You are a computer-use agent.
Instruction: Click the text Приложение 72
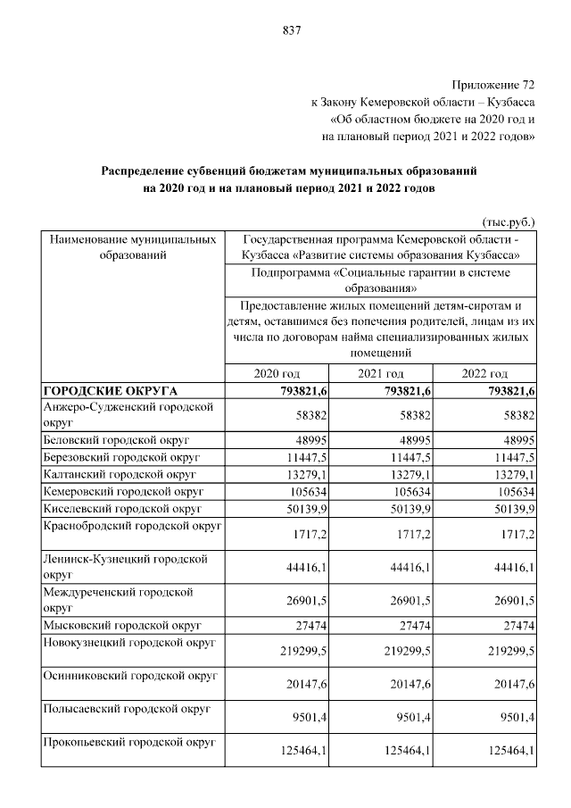(x=493, y=85)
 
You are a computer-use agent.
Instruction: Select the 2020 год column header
(x=277, y=373)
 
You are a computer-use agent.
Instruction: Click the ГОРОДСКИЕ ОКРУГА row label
(x=111, y=391)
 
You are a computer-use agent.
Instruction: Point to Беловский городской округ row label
(x=116, y=440)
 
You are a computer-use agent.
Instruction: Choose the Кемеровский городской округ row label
(x=124, y=491)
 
